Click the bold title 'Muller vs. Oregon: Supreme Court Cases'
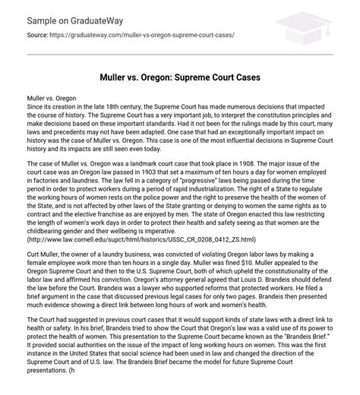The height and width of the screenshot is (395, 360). pyautogui.click(x=180, y=77)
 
